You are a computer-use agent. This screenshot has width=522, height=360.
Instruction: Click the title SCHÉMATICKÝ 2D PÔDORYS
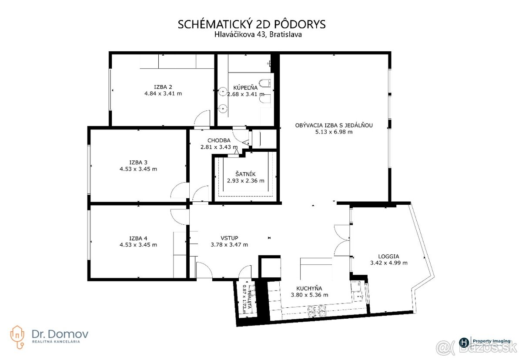click(251, 24)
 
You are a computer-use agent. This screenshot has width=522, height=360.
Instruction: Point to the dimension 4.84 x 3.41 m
click(163, 93)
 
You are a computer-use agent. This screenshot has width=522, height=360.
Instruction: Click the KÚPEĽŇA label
click(245, 87)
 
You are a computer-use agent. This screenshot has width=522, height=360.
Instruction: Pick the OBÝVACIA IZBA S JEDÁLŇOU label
click(334, 125)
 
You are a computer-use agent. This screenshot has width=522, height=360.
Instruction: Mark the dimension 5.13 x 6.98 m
click(334, 132)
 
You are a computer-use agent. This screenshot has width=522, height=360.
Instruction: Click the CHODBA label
click(218, 140)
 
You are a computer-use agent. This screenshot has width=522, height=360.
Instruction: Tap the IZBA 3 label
click(138, 162)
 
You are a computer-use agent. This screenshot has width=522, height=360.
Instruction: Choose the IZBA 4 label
click(138, 238)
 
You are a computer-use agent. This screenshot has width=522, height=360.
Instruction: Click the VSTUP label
click(229, 238)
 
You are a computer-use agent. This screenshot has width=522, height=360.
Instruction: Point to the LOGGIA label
click(388, 256)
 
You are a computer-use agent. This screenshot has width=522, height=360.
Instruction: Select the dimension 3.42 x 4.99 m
click(388, 263)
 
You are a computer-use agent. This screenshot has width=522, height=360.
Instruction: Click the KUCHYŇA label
click(309, 288)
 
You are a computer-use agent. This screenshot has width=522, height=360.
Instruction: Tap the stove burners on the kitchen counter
click(317, 310)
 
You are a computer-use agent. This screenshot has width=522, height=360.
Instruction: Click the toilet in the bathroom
click(264, 83)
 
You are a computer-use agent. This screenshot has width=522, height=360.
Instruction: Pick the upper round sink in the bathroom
click(223, 92)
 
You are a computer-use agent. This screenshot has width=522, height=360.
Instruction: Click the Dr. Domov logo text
click(60, 333)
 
